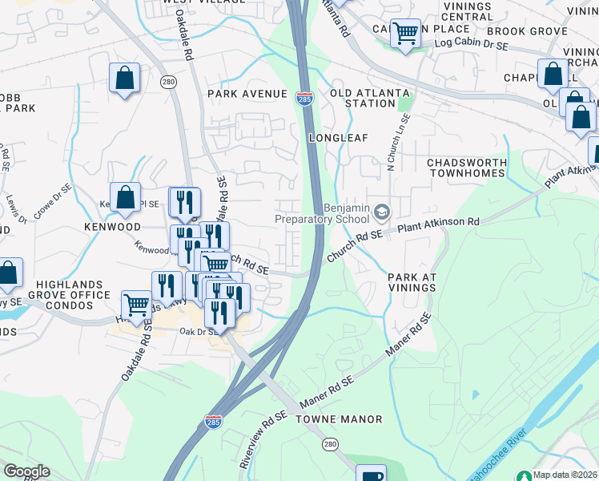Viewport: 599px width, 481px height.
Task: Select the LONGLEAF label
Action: (338, 138)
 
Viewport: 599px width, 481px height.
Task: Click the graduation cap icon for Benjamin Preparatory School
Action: (382, 212)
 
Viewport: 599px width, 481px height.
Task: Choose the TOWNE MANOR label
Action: (339, 419)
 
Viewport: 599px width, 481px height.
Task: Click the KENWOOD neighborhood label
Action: (112, 228)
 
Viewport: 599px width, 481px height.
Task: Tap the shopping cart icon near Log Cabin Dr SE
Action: (406, 34)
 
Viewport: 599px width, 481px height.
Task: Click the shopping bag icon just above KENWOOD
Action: (126, 197)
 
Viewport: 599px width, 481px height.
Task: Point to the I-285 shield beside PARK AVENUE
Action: (304, 97)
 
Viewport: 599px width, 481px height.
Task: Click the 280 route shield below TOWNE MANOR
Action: (330, 443)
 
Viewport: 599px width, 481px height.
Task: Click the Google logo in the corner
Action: (26, 471)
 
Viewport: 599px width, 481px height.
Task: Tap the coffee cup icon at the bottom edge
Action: (371, 475)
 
